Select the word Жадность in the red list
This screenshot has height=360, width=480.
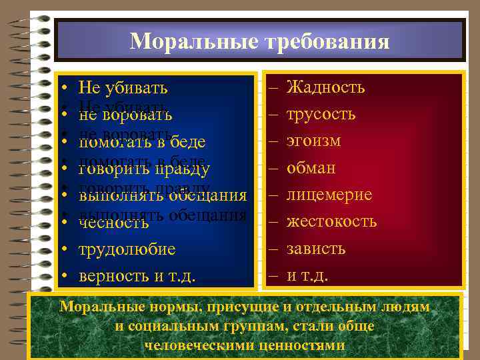pyautogui.click(x=325, y=87)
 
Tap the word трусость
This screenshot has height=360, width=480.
pyautogui.click(x=321, y=114)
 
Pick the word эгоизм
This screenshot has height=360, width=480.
pyautogui.click(x=313, y=141)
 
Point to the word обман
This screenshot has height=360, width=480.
pyautogui.click(x=311, y=168)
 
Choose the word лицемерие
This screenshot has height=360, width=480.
pyautogui.click(x=329, y=195)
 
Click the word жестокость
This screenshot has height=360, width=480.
pyautogui.click(x=331, y=221)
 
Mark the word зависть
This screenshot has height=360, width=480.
pyautogui.click(x=316, y=249)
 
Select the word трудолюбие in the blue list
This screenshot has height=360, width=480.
pyautogui.click(x=127, y=249)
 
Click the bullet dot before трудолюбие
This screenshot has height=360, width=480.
pyautogui.click(x=61, y=249)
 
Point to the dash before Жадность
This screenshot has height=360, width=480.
pyautogui.click(x=273, y=87)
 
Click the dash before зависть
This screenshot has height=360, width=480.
pyautogui.click(x=273, y=249)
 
